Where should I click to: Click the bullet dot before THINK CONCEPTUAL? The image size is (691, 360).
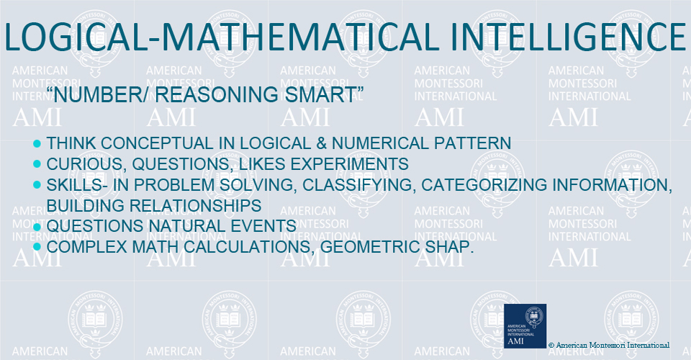coord(37,143)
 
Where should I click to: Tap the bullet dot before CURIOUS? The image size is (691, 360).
coord(37,164)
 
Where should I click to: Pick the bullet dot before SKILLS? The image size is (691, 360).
coord(37,185)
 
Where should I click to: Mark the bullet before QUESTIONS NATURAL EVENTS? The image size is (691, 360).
coord(37,227)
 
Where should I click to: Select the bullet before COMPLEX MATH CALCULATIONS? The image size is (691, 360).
coord(37,247)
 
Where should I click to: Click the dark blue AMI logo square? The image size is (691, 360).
coord(525,326)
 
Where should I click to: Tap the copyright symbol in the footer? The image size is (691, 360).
coord(551,346)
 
